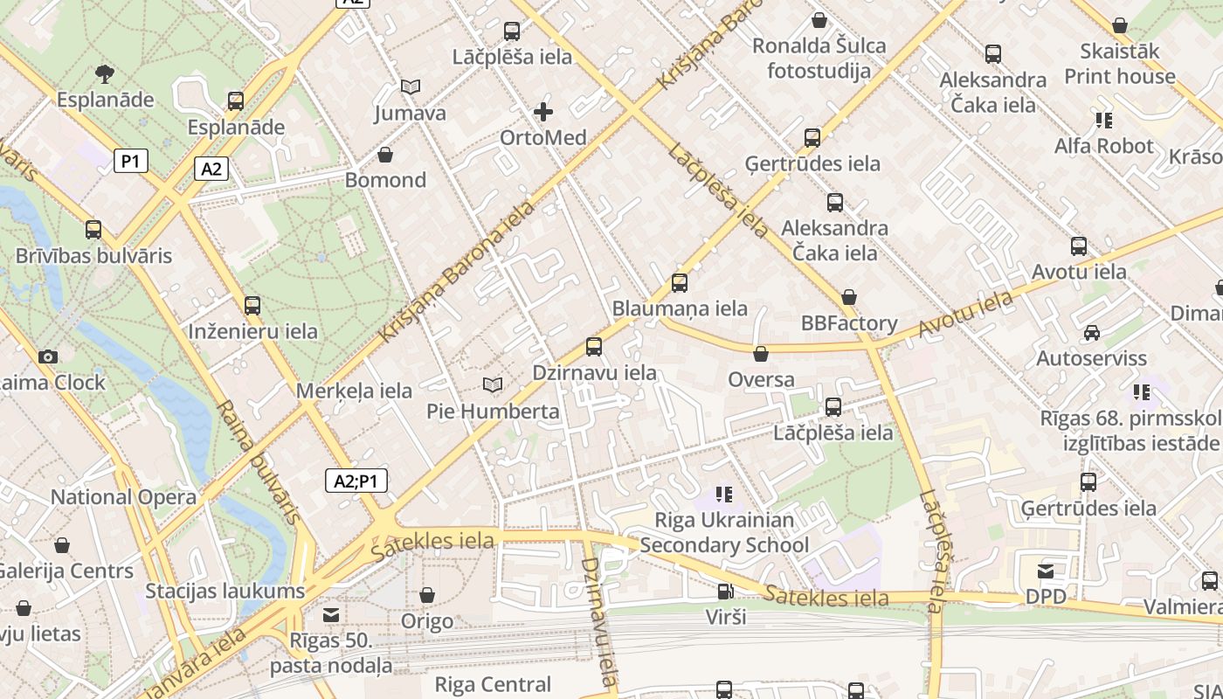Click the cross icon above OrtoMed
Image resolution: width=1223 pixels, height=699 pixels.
click(542, 112)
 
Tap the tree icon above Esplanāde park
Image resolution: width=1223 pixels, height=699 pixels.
click(105, 73)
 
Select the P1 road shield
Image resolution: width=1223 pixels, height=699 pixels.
click(130, 161)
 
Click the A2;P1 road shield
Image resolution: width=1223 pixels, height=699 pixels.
click(356, 481)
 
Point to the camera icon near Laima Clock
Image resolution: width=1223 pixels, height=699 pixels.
click(48, 356)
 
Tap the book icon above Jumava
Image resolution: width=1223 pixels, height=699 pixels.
click(411, 87)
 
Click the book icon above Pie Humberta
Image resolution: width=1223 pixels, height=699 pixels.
click(493, 384)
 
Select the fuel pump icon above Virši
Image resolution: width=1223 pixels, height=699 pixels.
click(725, 592)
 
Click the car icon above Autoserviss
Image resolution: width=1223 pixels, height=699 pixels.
click(1091, 333)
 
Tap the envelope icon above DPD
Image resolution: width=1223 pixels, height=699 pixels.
click(1046, 571)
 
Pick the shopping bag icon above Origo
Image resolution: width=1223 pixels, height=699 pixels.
click(427, 596)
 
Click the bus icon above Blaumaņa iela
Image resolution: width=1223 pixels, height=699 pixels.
click(679, 283)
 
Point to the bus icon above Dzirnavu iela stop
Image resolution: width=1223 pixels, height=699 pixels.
click(594, 347)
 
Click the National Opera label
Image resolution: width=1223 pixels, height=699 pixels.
click(123, 497)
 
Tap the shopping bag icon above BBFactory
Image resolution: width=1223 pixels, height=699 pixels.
click(849, 298)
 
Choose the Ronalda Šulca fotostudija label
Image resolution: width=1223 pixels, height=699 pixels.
click(819, 58)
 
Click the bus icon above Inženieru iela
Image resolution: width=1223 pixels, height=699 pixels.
click(252, 306)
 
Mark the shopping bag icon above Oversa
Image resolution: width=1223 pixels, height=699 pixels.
click(761, 354)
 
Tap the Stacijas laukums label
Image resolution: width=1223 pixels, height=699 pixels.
click(225, 591)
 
